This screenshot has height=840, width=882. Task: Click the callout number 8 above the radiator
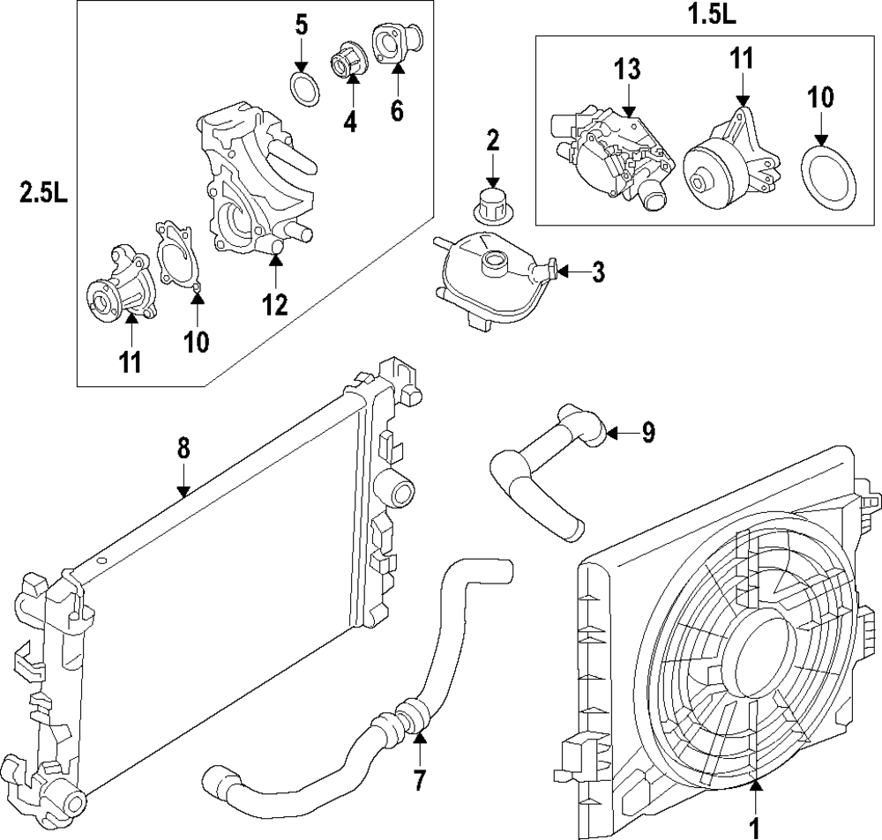tap(183, 448)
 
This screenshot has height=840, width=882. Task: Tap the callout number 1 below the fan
tap(755, 828)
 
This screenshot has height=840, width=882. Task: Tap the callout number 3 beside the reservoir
tap(598, 272)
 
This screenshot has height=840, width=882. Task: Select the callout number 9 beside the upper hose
tap(648, 433)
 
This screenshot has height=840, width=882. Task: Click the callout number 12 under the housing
tap(274, 305)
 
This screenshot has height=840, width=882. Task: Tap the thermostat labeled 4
tap(345, 62)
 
